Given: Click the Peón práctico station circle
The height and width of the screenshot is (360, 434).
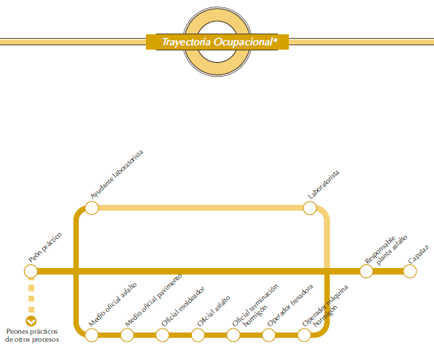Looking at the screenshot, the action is coord(31,271).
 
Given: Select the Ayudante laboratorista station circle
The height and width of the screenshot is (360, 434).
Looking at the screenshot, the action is coord(92,208).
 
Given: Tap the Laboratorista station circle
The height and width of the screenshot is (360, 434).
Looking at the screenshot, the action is coord(310,208).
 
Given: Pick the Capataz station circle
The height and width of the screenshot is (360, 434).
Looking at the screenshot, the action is coord(410,271).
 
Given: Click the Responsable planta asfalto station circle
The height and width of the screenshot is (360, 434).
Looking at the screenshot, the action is coord(366,271).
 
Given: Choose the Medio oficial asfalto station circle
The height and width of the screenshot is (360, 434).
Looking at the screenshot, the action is coord(92,335).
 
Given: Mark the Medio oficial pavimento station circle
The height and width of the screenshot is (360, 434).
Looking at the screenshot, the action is coord(127,335).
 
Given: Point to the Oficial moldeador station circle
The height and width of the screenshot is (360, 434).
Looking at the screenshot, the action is coord(163,335).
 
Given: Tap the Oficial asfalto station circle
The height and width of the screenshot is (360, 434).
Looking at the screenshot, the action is coord(198,335).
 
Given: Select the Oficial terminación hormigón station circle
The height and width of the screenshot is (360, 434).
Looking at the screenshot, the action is coord(233,335).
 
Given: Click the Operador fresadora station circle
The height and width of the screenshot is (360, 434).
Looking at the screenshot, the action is coord(268,335).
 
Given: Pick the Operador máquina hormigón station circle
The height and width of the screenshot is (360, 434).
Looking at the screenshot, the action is coord(304,335).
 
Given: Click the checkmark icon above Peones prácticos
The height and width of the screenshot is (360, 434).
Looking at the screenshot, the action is coord(31,321).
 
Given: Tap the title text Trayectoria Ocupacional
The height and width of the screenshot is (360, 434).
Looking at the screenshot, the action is coord(220,42).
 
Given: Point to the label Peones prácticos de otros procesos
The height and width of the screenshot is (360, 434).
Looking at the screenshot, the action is coord(32,335).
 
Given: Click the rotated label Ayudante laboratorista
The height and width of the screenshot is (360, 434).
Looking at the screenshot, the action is coord(117,175).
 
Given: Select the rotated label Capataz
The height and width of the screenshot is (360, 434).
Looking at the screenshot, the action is coord(419,254).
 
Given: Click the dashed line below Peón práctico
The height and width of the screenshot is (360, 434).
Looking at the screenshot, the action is coord(31,296).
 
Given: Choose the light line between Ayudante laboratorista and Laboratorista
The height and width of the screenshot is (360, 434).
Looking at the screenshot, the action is coord(201,208).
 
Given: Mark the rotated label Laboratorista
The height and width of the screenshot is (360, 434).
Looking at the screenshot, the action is coord(323,185).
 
